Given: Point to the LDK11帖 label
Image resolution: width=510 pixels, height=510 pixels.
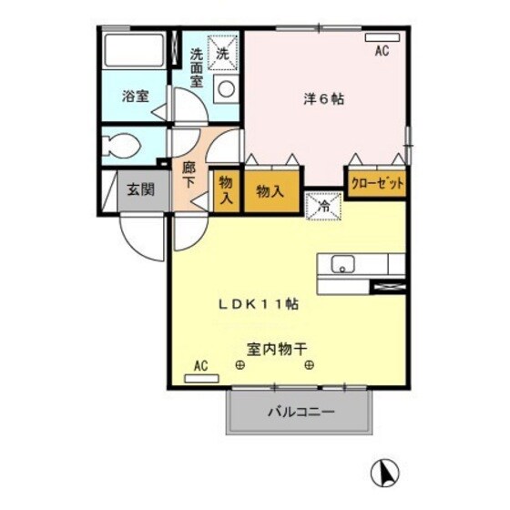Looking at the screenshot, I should tap(257, 304).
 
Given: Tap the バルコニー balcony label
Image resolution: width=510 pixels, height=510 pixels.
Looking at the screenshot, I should tap(301, 412).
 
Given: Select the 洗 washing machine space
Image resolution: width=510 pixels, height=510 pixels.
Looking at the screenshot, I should tap(223, 51).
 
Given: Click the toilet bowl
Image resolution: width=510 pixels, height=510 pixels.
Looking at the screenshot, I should tap(122, 145).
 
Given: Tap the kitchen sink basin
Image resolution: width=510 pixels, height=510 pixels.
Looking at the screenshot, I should tap(343, 264).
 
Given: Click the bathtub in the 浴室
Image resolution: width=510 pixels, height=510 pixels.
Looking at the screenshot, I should tap(133, 54).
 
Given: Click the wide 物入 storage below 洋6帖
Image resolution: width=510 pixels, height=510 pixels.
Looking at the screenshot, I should tap(270, 192).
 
